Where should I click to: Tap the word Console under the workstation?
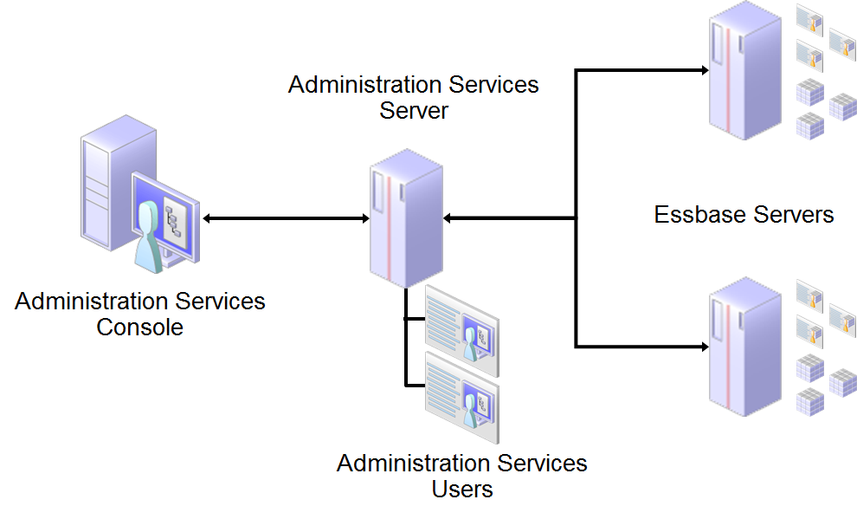(140, 328)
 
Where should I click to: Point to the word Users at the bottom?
(462, 489)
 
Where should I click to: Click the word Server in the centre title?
(414, 111)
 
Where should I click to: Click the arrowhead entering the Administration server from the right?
(448, 218)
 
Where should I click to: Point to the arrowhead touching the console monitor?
(208, 218)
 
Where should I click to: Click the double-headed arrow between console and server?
(286, 218)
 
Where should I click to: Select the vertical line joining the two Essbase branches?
(576, 208)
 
